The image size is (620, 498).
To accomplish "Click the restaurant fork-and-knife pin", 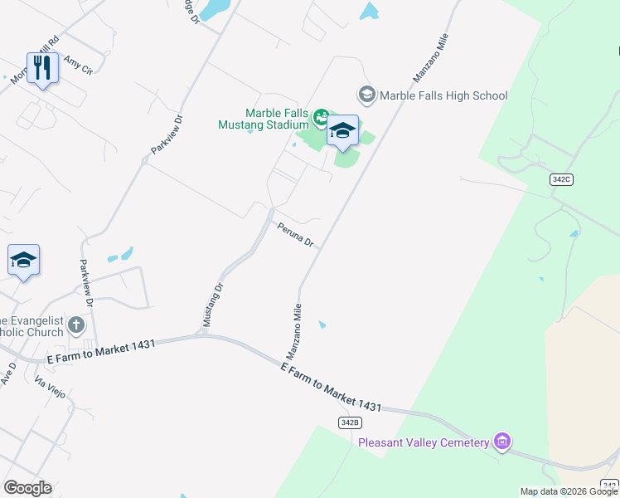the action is point(42,68).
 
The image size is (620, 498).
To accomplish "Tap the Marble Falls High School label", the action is point(443,95).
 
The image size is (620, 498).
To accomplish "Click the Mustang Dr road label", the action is point(214,305).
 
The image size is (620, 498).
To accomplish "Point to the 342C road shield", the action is point(561,179).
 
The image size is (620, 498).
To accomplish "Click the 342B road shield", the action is point(350,422).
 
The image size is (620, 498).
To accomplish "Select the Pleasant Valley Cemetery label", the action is point(424,442).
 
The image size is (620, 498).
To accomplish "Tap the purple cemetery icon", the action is point(501,442).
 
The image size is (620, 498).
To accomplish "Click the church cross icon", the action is point(76,325).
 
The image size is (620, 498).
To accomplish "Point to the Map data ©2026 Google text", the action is point(569,491).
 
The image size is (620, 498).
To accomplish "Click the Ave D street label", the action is point(8,373).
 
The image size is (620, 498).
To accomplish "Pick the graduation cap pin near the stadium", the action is point(342,130).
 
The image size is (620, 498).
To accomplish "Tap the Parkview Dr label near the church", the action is point(86,281).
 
